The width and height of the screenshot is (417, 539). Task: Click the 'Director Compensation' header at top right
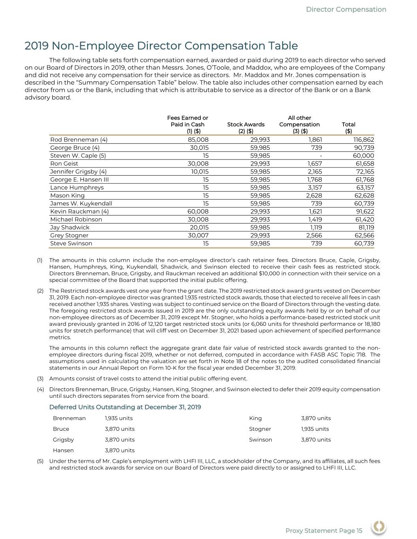[x=346, y=9]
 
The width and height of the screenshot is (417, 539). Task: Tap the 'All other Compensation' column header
[x=299, y=124]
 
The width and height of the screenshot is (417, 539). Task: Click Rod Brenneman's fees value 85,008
[x=198, y=140]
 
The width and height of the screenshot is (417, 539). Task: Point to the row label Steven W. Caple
[x=78, y=156]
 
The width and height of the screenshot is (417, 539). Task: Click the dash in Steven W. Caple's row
[x=321, y=156]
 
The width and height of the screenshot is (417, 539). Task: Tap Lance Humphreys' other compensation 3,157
[x=315, y=188]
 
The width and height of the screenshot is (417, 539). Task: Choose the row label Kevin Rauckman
[x=79, y=211]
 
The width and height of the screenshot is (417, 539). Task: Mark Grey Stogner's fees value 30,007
[x=198, y=235]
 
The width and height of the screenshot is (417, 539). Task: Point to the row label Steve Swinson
[x=71, y=243]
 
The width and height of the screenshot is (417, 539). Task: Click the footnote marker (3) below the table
[x=40, y=379]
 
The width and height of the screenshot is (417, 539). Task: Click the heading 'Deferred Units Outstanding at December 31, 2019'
[x=125, y=407]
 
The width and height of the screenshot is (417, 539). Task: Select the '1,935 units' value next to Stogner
[x=315, y=429]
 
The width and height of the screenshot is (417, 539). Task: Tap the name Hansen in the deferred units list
[x=63, y=450]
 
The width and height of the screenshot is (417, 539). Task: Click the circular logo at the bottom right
[x=379, y=527]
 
